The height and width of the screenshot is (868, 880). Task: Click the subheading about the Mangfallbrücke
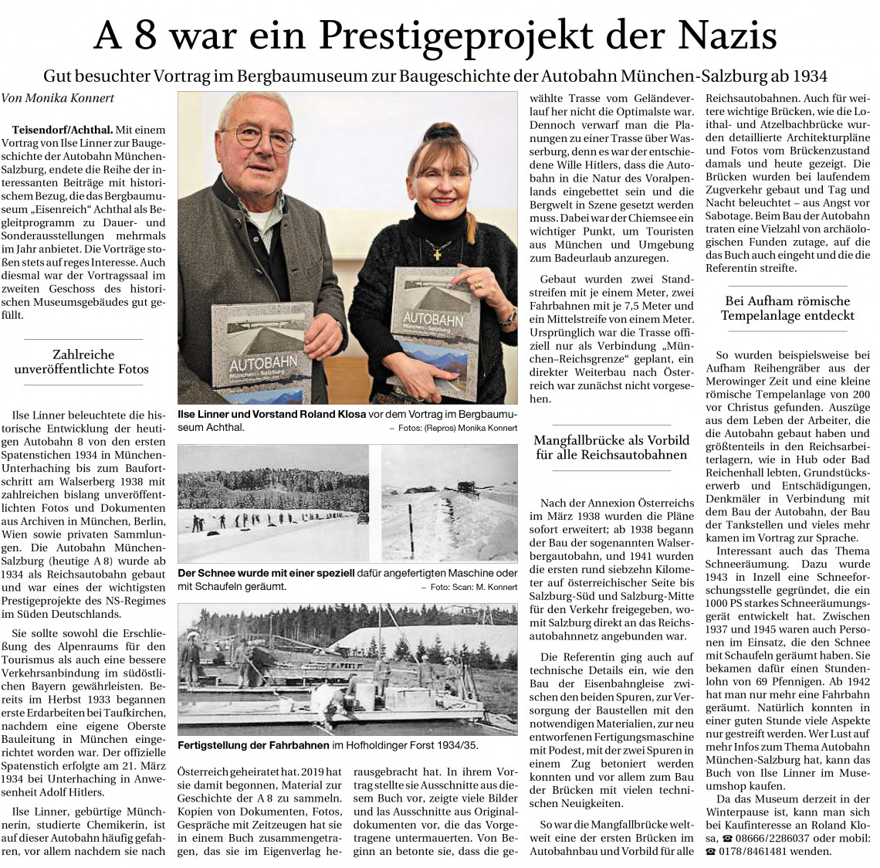tap(611, 448)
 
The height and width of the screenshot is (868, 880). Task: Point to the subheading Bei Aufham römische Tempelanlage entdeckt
tap(787, 308)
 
